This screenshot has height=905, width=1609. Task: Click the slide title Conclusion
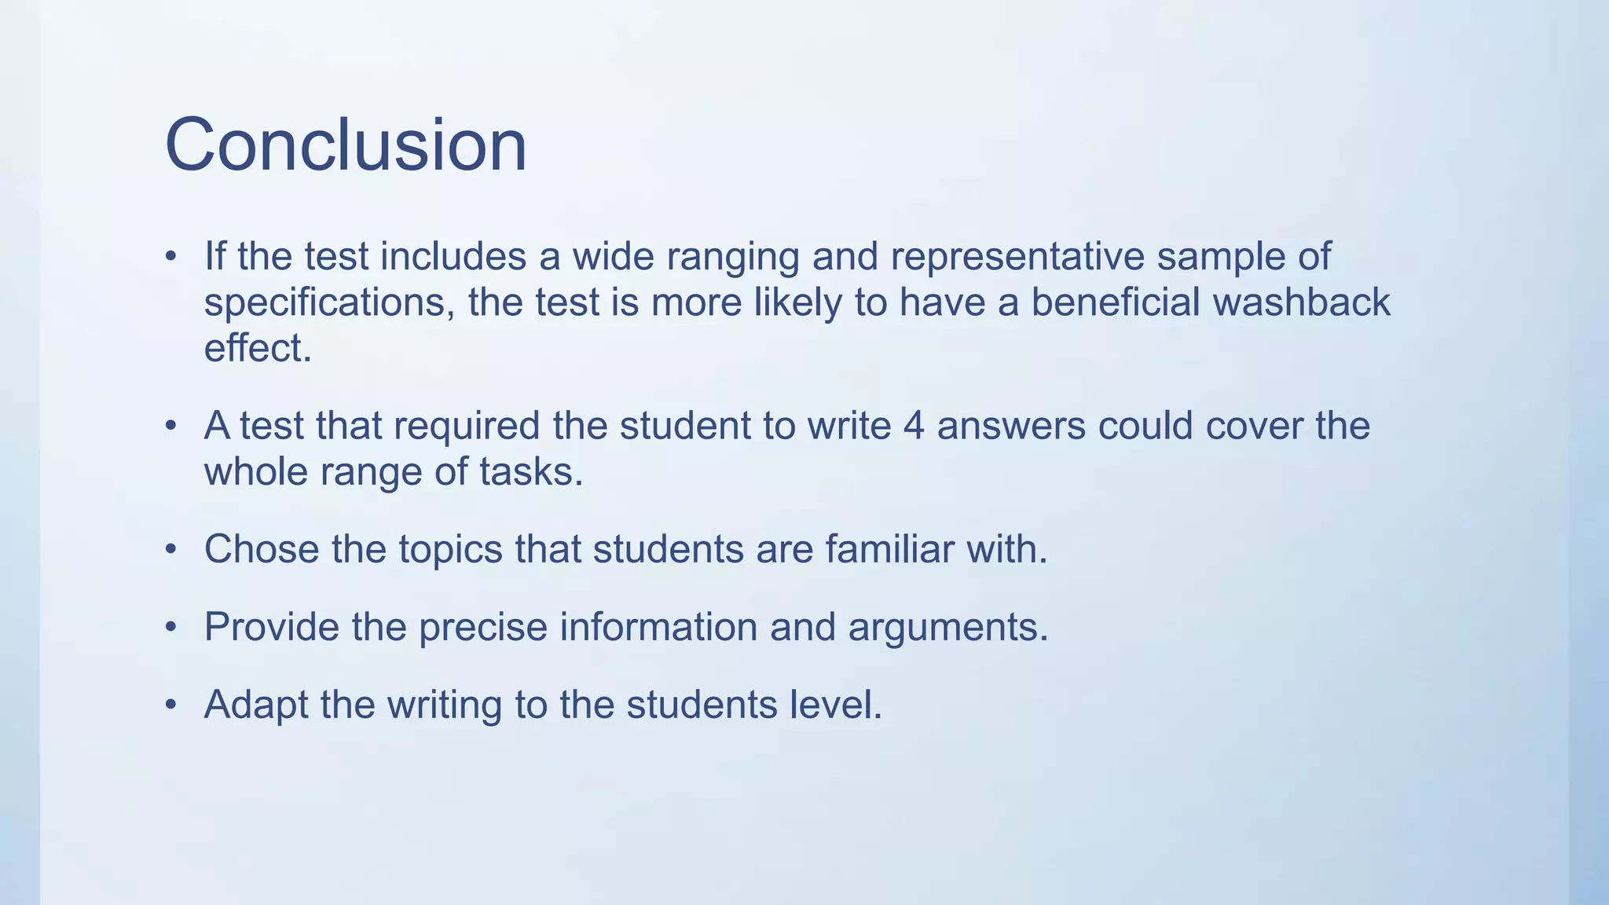click(346, 145)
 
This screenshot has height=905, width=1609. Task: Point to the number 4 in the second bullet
click(914, 426)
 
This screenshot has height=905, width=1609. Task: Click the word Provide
click(271, 627)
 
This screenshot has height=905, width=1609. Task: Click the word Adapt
click(256, 705)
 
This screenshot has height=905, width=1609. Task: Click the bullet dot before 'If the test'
click(170, 257)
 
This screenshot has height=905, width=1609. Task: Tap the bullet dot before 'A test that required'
click(170, 427)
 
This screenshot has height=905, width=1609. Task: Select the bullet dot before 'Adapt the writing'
click(170, 705)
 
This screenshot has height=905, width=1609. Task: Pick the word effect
click(258, 348)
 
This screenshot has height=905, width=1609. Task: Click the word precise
click(482, 628)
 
